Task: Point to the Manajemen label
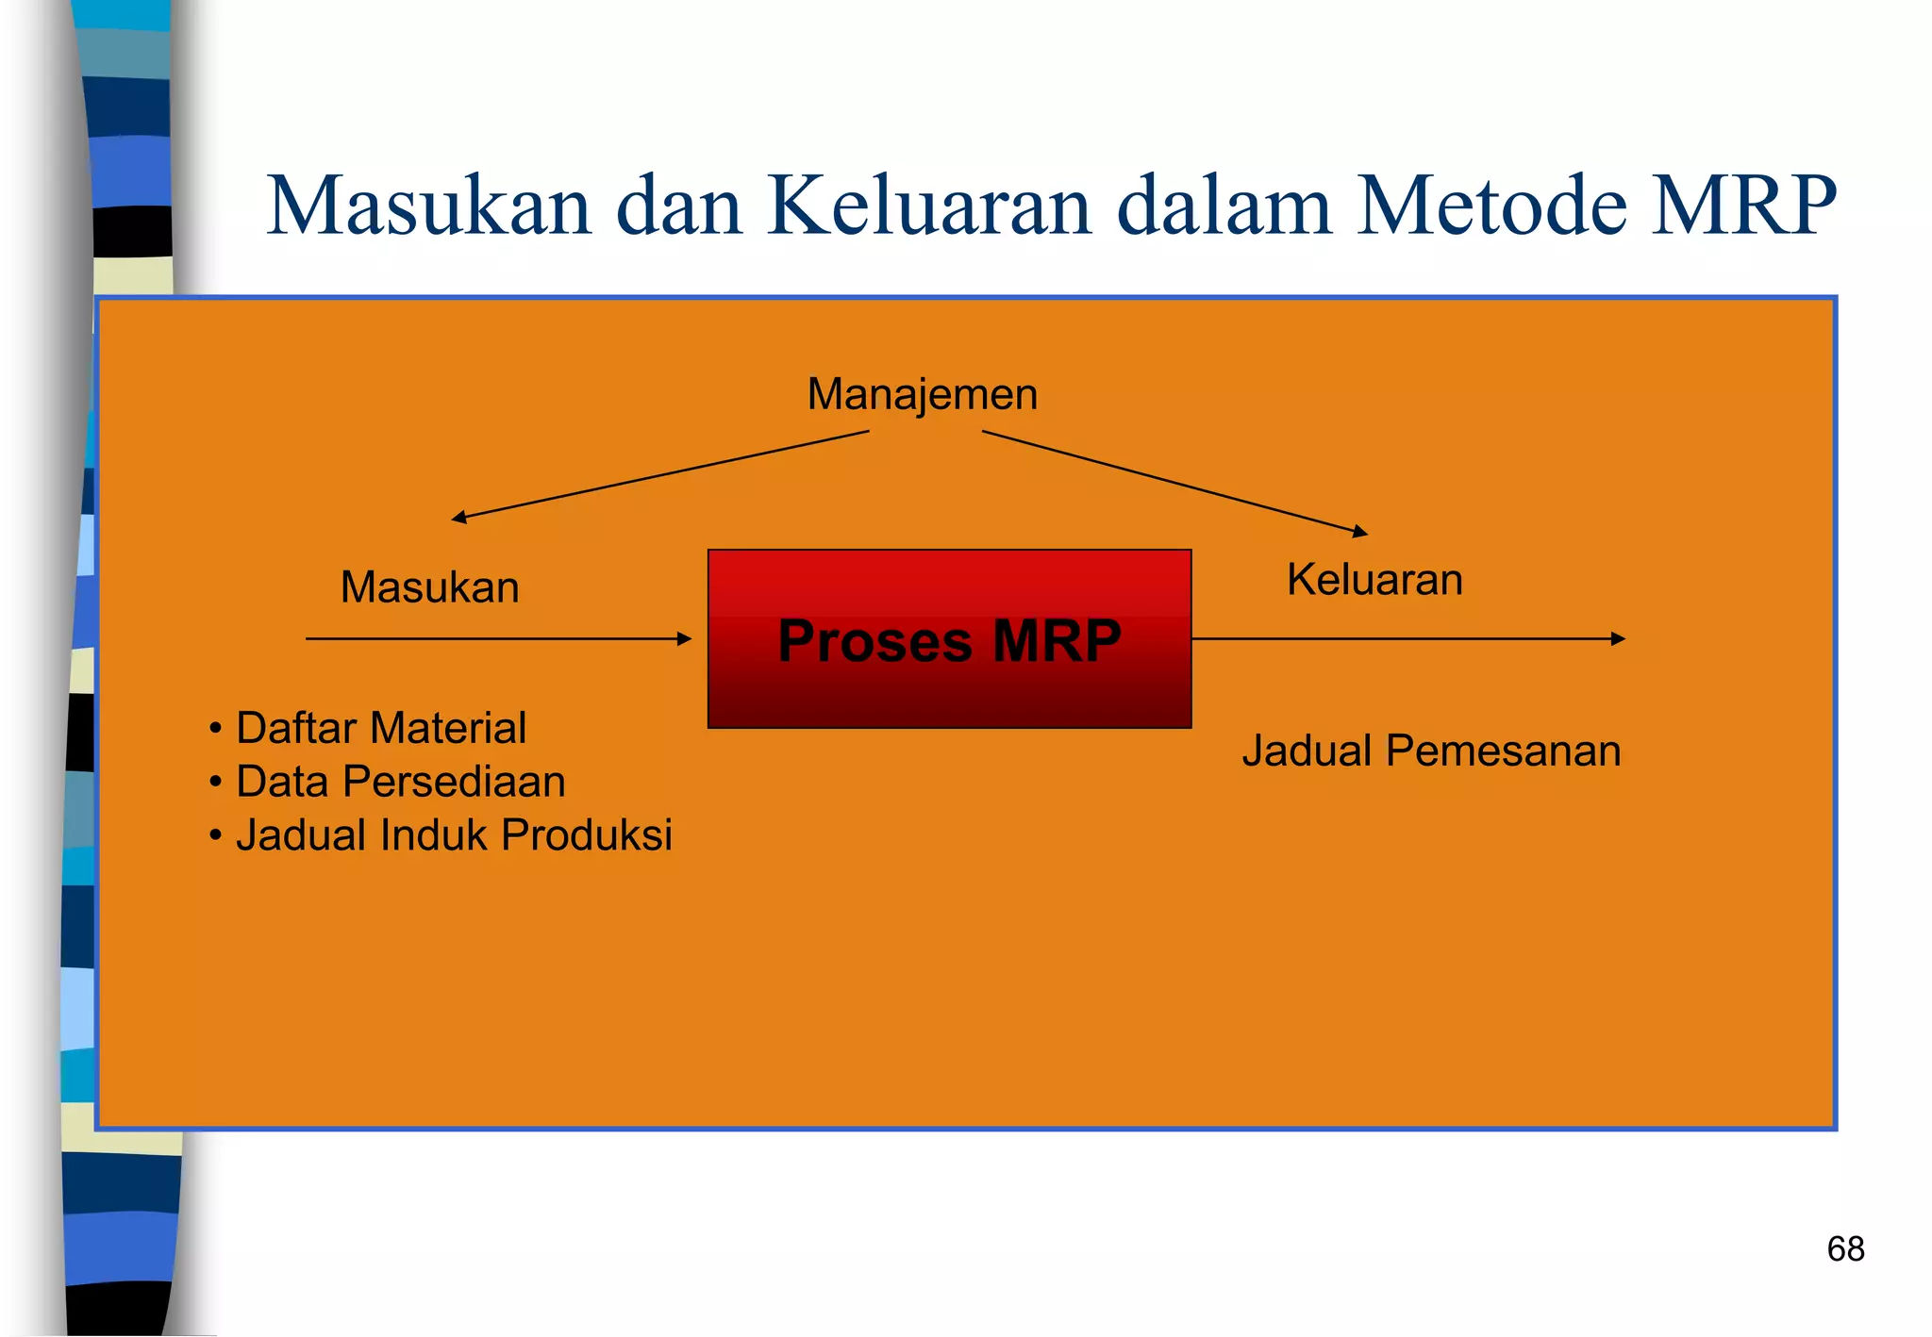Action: coord(922,394)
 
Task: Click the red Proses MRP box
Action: coord(949,639)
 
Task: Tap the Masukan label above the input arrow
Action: coord(429,587)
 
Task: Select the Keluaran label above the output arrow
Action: coord(1374,579)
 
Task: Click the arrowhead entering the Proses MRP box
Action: coord(685,639)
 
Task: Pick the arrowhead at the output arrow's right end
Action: coord(1618,639)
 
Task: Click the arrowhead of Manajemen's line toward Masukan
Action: coord(459,517)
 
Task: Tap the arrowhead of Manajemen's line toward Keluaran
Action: coord(1359,532)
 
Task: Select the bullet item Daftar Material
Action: coord(380,728)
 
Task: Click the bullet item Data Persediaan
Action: coord(400,782)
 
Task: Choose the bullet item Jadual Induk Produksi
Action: coord(454,835)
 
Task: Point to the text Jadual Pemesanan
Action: coord(1431,751)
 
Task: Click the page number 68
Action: coord(1845,1249)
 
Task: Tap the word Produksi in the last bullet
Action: coord(587,835)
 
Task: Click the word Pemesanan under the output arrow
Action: coord(1504,751)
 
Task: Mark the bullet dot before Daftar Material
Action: coord(216,729)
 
